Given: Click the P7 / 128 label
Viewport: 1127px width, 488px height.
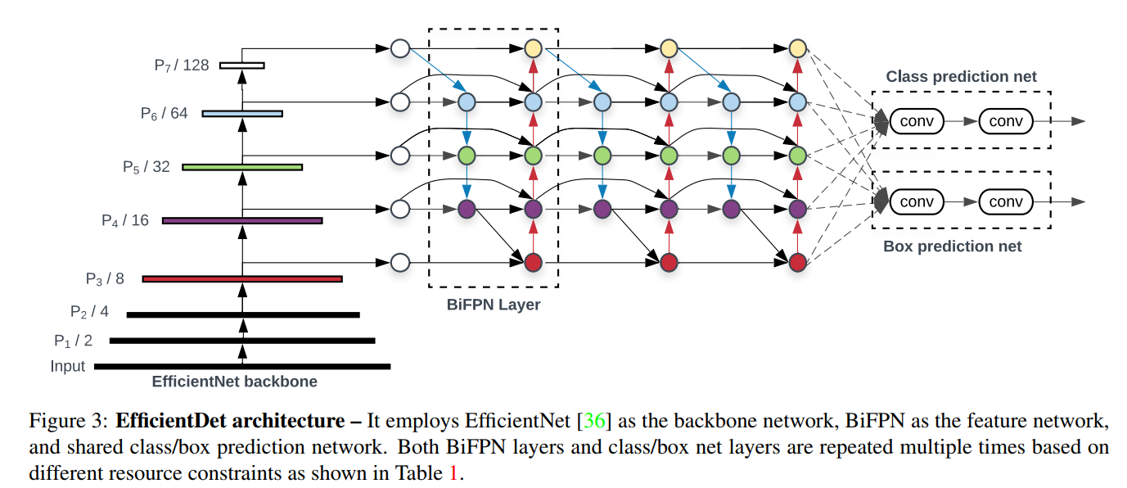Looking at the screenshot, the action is click(x=181, y=66).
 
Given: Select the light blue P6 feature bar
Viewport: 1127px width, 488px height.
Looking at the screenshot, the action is click(x=242, y=114).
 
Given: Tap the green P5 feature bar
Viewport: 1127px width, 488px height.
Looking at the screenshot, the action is click(x=242, y=167).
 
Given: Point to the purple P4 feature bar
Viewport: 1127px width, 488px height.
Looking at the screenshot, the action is click(x=242, y=220).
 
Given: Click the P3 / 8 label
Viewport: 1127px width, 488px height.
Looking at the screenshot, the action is click(x=105, y=278).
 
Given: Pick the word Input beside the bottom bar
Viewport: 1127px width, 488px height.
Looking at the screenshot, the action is click(x=68, y=366).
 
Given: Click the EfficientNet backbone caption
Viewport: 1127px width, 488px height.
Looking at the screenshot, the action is click(x=234, y=382).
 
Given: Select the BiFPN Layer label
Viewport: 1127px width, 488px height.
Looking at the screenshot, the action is click(x=494, y=305).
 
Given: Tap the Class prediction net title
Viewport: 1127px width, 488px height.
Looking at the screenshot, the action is click(x=961, y=76).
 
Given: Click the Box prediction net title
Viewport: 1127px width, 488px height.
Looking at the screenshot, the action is click(x=953, y=246).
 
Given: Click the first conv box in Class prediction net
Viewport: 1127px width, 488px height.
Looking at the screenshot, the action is click(x=917, y=121).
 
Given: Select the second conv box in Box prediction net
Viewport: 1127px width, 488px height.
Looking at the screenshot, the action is click(x=1006, y=201).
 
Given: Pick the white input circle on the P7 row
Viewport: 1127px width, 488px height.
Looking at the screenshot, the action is click(x=400, y=49).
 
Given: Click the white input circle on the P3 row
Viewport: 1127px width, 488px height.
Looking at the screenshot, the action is click(x=400, y=263).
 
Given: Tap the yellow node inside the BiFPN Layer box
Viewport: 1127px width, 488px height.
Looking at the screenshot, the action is click(x=534, y=49).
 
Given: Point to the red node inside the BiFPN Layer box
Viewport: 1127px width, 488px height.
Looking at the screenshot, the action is click(x=534, y=263).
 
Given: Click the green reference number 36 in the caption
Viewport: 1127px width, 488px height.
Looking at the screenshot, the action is click(x=594, y=421).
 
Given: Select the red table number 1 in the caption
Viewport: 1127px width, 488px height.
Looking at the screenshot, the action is click(x=453, y=473).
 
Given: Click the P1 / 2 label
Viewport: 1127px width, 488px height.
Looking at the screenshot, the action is click(x=74, y=341).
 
